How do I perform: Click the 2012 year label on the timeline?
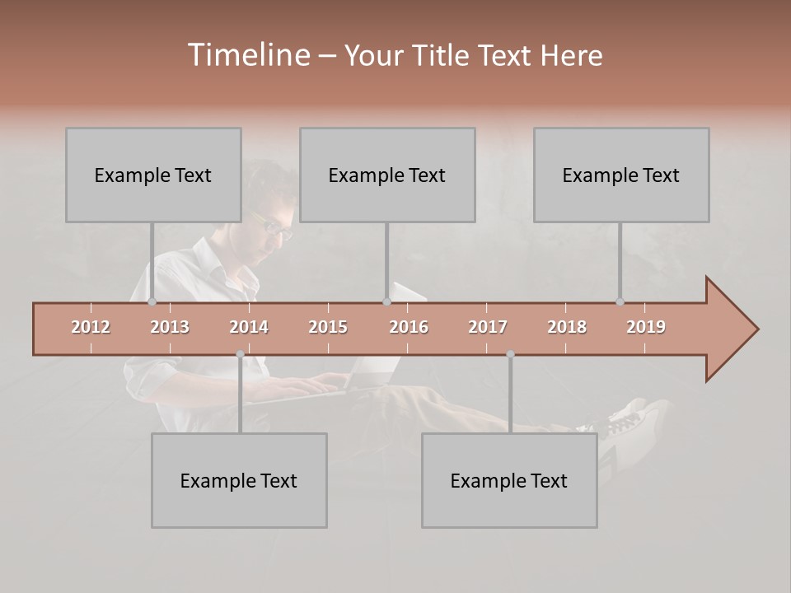coord(91,327)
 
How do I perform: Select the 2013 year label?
coord(170,327)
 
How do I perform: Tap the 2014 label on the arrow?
coord(249,327)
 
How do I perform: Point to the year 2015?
coord(328,327)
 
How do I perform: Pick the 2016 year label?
coord(409,327)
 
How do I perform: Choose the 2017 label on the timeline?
coord(488,327)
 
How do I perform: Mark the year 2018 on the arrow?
coord(567,327)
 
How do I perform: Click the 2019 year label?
coord(646,327)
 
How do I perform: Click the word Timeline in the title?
coord(248,55)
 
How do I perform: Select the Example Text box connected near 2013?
coord(153,175)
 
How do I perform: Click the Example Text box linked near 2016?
coord(387,175)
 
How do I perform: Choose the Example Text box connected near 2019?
coord(621,175)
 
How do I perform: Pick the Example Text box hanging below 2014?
coord(239,480)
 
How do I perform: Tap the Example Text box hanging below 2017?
coord(509,480)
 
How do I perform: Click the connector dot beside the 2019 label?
coord(620,301)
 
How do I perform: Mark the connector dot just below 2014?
coord(240,354)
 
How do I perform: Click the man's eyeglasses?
coord(274,226)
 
